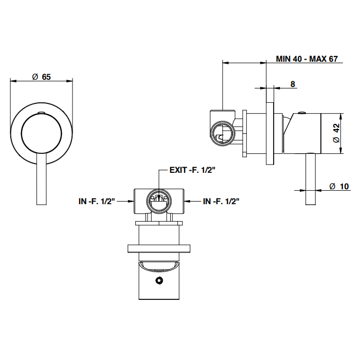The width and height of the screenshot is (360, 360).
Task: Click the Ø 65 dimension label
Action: [41, 77]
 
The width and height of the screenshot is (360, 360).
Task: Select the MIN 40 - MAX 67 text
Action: [307, 59]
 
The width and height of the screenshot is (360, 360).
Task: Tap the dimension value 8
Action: [293, 84]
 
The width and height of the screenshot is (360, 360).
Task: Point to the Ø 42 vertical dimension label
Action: [335, 133]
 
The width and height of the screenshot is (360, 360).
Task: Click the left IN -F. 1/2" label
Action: [96, 201]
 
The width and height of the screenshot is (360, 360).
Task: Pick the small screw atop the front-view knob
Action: [42, 112]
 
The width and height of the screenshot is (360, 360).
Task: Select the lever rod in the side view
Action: [310, 180]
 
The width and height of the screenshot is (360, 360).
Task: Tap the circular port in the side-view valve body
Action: [223, 132]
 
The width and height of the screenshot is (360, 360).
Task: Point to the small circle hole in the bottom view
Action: [159, 280]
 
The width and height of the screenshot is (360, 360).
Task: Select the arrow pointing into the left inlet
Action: [127, 202]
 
